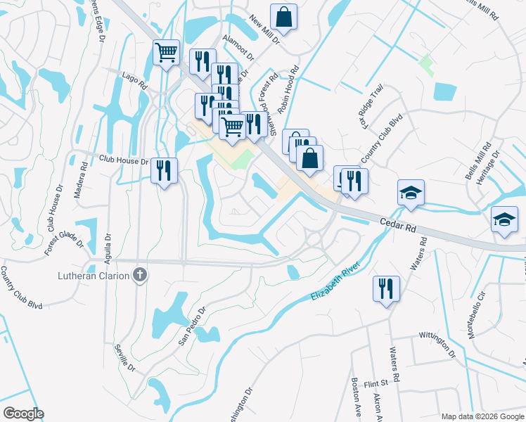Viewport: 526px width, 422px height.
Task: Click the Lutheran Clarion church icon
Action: point(140,275)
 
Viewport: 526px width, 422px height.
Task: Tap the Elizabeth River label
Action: point(335,282)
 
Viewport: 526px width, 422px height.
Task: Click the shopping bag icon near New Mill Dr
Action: point(283,18)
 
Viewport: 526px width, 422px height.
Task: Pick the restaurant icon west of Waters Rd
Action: point(386,288)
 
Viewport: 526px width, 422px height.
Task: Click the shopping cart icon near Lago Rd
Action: point(166,53)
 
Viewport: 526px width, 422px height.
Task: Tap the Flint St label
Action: point(376,383)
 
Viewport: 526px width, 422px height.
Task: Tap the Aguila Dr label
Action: point(108,247)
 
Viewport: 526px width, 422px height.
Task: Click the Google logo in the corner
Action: point(23,414)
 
